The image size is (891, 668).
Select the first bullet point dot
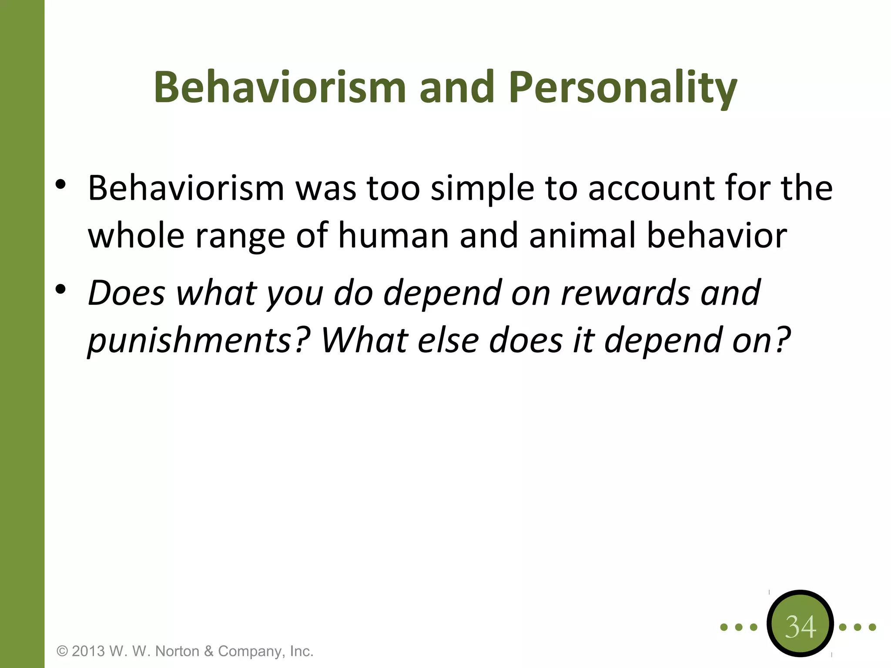point(60,185)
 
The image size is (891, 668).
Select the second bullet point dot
point(60,289)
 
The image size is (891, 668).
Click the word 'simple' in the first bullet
point(482,190)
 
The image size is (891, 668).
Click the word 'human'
point(393,236)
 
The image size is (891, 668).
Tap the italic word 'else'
point(448,340)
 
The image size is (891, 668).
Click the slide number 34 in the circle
point(800,627)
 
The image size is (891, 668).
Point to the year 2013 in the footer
point(88,651)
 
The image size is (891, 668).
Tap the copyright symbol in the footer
point(63,651)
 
